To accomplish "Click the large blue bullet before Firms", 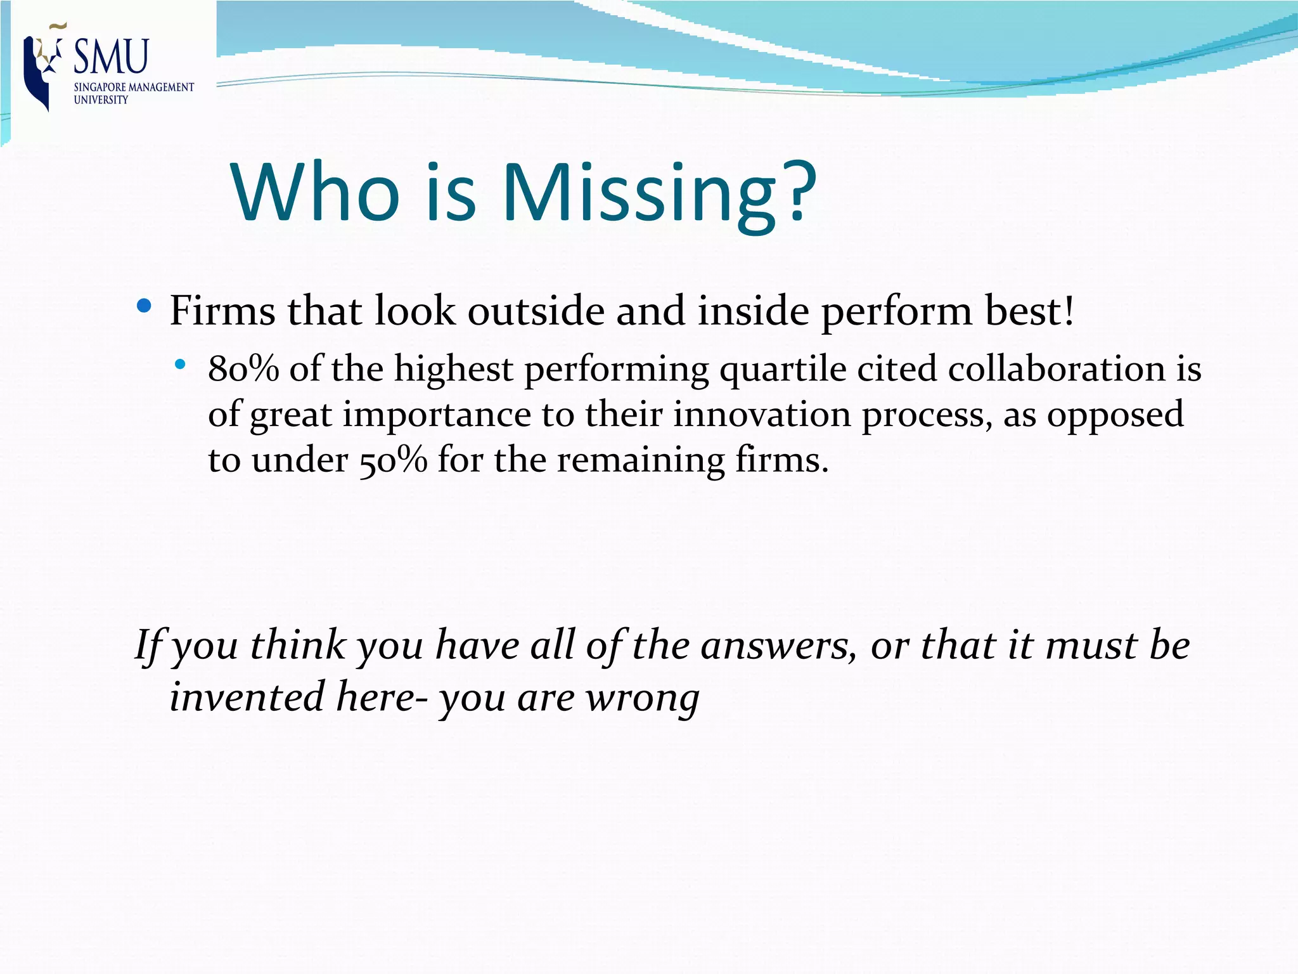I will (144, 307).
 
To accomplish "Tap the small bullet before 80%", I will (181, 364).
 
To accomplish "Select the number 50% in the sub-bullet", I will (393, 460).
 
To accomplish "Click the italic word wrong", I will (642, 698).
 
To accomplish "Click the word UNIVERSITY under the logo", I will (101, 100).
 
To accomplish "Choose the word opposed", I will (1115, 416).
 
